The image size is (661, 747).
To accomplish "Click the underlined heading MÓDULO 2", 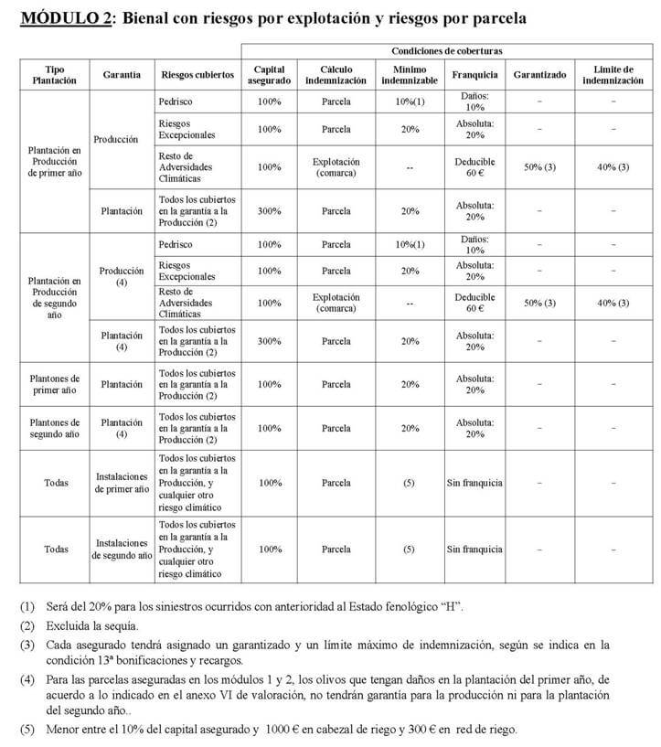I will click(61, 18).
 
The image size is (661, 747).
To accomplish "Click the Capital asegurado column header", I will click(270, 74).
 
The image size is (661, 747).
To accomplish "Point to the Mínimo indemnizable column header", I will click(409, 74).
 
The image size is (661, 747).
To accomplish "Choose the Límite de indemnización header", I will click(612, 74).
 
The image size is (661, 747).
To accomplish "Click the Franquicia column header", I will click(474, 74).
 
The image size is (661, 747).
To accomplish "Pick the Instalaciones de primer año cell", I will click(121, 482).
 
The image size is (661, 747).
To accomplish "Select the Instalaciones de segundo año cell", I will click(121, 550).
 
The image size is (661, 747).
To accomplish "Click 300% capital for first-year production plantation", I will click(270, 210).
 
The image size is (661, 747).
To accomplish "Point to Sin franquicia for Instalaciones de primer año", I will click(474, 482).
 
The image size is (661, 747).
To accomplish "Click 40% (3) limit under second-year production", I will click(612, 303).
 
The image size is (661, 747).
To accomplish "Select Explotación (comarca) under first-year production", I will click(336, 167).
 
